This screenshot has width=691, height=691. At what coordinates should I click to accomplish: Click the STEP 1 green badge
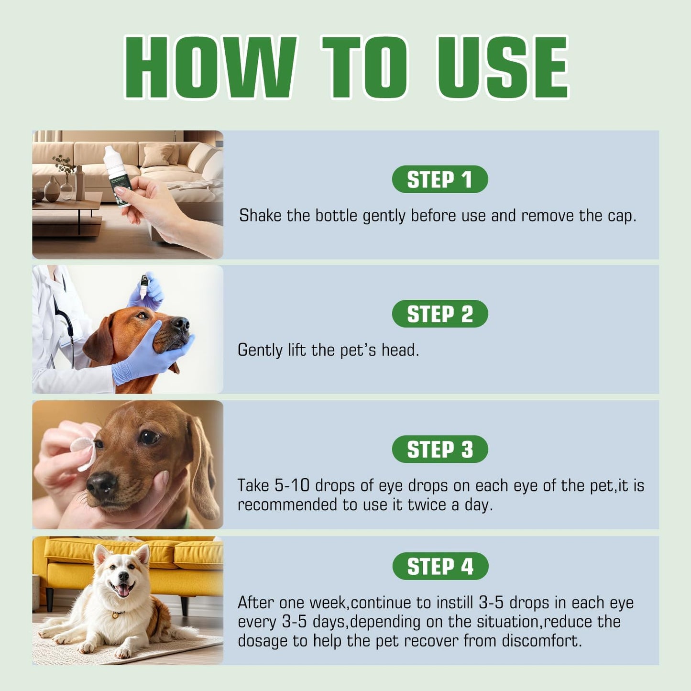[x=440, y=179]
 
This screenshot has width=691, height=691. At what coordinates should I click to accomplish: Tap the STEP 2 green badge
[x=440, y=314]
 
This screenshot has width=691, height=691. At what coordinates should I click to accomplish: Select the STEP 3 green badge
[x=440, y=449]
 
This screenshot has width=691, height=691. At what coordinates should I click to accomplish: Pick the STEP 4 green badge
[x=440, y=566]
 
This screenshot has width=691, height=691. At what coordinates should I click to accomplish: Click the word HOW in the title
[x=211, y=67]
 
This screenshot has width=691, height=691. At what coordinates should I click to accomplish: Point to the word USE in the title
[x=503, y=67]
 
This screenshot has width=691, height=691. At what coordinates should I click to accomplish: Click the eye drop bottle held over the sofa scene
[x=118, y=175]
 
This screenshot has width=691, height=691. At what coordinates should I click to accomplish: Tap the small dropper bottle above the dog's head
[x=144, y=287]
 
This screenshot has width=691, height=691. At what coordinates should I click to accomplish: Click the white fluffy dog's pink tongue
[x=124, y=591]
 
